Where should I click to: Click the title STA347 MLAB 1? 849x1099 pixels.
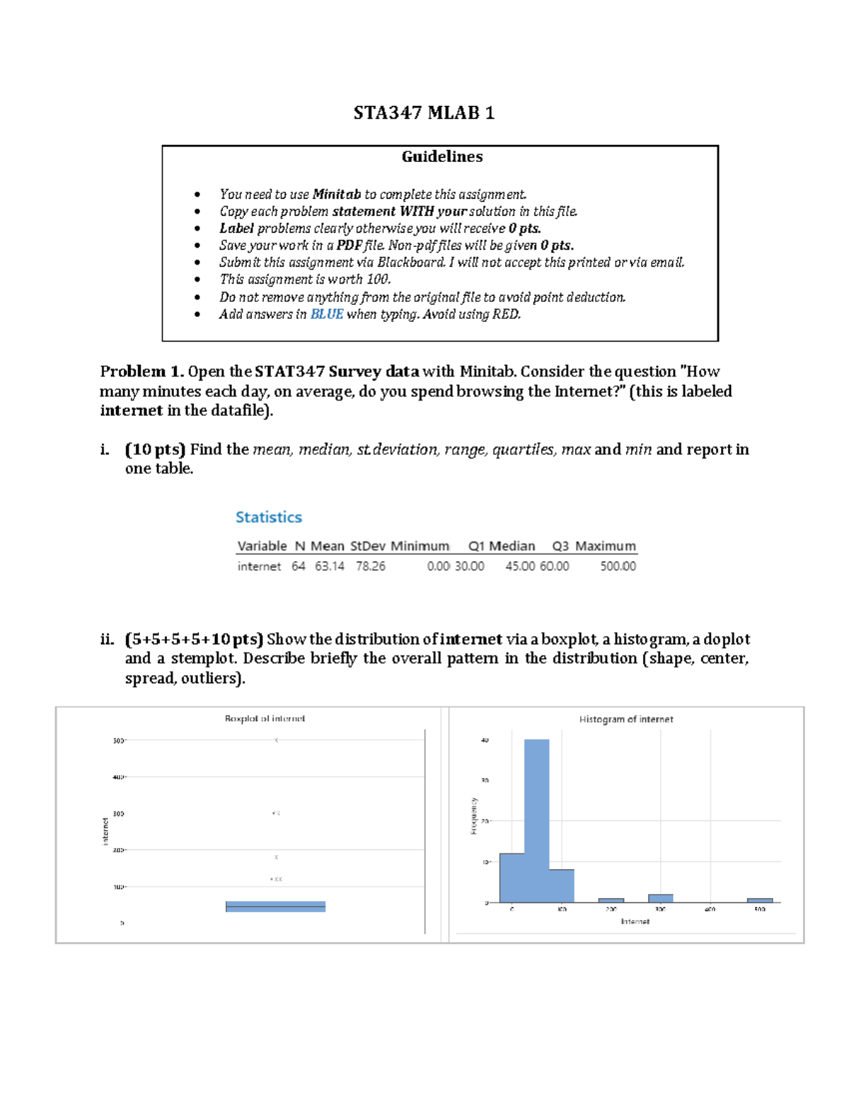coord(424,113)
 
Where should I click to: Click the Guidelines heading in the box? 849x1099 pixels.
coord(442,157)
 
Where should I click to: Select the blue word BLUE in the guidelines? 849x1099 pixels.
coord(327,314)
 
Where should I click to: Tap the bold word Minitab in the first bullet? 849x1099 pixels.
coord(337,194)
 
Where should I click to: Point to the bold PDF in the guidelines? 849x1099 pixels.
coord(349,246)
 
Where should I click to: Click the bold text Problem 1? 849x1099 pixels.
coord(142,372)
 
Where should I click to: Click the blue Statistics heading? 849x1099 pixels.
coord(269,517)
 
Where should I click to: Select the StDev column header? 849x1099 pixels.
coord(367,546)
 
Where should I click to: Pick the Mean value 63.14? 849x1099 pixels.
coord(330,566)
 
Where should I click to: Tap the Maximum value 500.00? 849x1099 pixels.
coord(618,566)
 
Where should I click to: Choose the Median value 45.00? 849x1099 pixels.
coord(520,566)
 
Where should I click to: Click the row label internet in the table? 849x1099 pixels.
coord(259,566)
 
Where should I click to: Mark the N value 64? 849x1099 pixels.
coord(299,566)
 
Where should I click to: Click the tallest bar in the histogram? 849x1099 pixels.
coord(536,821)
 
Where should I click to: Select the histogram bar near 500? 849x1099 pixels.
coord(759,900)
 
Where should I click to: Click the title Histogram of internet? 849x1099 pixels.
coord(626,719)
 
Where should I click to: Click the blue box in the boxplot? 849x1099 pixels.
coord(275,907)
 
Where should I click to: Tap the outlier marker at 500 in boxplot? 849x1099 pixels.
coord(277,740)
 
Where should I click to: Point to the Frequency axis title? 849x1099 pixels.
coord(473,816)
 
